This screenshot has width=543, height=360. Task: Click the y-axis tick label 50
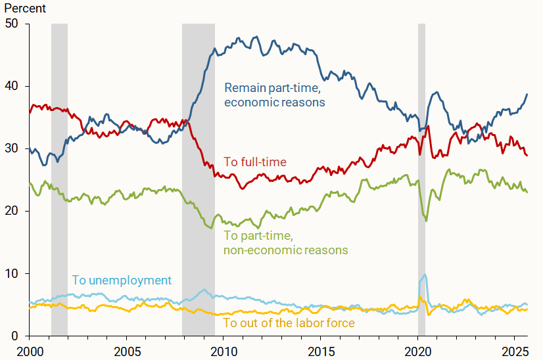[x=12, y=24]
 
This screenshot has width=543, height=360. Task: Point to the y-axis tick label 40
[x=12, y=86]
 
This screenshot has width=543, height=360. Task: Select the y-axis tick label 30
[x=12, y=148]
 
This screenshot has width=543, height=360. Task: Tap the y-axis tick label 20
[x=12, y=211]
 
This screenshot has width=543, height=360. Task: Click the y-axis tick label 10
[x=12, y=273]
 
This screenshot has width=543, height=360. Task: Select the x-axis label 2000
[x=29, y=349]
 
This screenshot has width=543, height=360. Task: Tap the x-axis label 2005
[x=126, y=349]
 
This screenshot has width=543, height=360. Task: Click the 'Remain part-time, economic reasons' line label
[x=275, y=95]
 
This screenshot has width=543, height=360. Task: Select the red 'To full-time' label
[x=255, y=162]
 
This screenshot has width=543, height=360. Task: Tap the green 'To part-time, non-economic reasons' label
[x=286, y=242]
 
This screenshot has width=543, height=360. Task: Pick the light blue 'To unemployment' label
[x=122, y=281]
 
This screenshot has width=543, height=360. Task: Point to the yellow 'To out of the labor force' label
[x=289, y=323]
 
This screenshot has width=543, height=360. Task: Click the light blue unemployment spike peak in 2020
[x=425, y=275]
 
